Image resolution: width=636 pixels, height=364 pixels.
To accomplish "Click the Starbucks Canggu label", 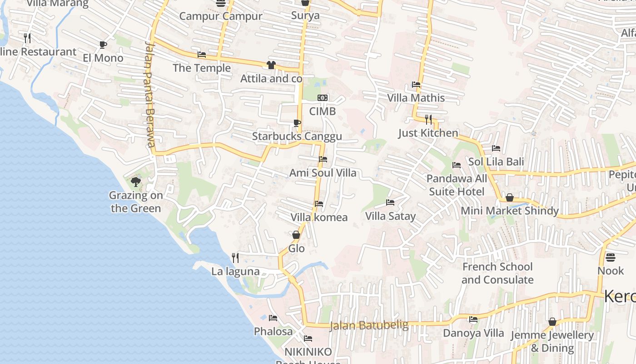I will pos(297,136).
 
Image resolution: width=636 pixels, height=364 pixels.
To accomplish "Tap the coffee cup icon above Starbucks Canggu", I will pos(297,123).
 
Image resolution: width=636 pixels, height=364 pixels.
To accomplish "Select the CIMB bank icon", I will pos(323,98).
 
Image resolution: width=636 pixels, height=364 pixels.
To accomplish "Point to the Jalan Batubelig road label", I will pos(368,325).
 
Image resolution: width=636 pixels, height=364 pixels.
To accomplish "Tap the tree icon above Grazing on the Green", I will pos(135,182).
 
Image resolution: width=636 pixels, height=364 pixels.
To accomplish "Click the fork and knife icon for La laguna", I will pos(235,258).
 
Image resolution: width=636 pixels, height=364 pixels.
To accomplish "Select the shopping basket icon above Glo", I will pos(296,235).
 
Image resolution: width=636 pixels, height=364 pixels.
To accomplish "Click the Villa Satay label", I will pos(390,216).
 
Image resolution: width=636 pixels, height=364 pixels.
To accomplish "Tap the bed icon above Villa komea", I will pos(319,204).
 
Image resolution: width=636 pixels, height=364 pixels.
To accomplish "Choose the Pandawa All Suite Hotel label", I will pos(457,185).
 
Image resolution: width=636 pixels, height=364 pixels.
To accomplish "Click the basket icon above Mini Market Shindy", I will pos(510,197).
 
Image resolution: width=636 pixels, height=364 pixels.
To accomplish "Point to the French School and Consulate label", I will pos(497,273).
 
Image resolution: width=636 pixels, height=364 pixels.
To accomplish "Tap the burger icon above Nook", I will pos(611,258).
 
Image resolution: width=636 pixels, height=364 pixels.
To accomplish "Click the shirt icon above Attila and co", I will pos(271,65).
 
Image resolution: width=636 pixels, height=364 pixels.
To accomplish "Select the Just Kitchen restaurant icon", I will pos(428,119).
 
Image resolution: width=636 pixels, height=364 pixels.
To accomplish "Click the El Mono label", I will pos(103,58).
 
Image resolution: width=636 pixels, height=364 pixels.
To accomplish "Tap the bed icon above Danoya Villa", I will pos(473,319).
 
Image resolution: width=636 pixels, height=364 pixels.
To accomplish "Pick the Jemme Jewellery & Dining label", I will pos(552,341).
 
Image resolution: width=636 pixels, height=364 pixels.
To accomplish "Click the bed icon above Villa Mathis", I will pos(416,84).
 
